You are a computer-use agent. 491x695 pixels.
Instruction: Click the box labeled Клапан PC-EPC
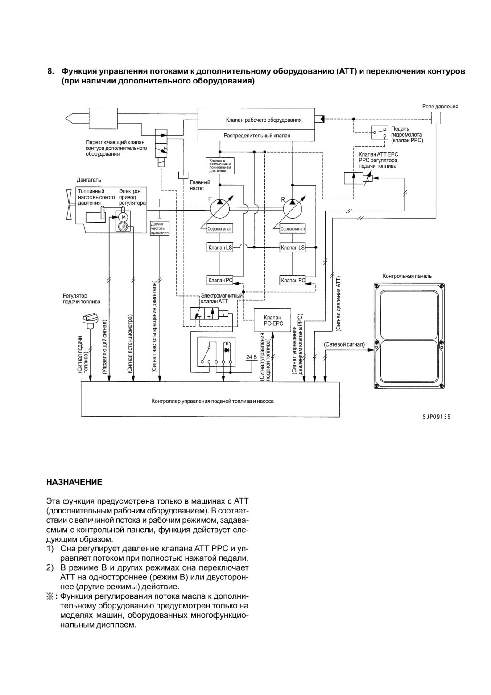pos(272,320)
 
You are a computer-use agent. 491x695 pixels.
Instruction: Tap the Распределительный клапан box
pos(257,136)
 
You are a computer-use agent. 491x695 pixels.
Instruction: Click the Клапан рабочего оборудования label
pos(264,120)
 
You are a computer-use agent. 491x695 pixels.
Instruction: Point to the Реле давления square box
pos(436,118)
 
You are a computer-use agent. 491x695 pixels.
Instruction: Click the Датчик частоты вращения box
pos(160,228)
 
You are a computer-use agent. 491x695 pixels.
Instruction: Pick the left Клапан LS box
pos(220,247)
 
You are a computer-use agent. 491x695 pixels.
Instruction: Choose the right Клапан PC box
pos(293,280)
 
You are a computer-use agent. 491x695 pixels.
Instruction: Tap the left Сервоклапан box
pos(220,229)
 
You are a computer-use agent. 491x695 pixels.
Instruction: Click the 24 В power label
pos(252,357)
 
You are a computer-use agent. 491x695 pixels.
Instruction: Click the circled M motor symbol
pos(124,217)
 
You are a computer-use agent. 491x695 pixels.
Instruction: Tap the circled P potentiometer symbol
pos(124,227)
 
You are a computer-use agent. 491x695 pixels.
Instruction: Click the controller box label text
pos(213,401)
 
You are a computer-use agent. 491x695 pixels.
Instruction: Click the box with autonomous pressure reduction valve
pos(220,165)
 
